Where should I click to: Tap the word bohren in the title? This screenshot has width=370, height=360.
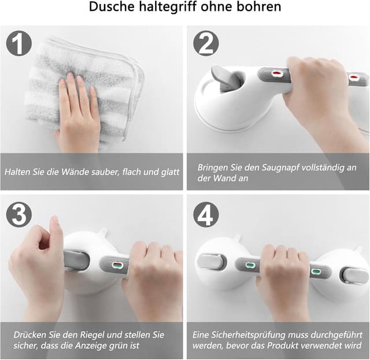pos(260,8)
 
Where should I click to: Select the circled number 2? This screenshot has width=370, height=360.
pos(205,43)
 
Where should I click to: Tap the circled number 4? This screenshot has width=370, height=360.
pos(205,215)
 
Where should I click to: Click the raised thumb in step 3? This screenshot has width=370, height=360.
pos(56,229)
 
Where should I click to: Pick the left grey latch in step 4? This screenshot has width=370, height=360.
pos(211,262)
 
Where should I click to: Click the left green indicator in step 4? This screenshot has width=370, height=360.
pos(250,266)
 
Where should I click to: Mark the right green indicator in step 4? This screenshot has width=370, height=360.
pos(316,271)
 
